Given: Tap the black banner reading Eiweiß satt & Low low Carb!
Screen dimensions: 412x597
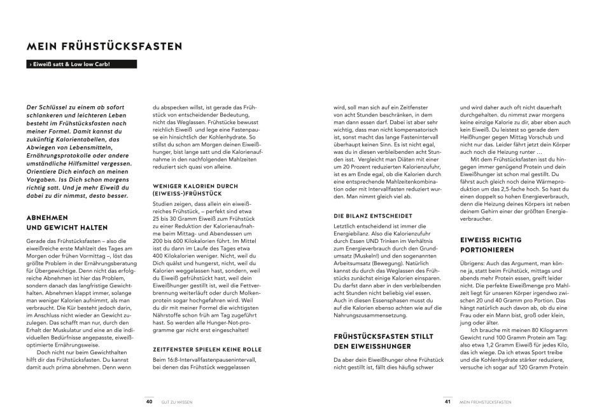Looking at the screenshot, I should click(78, 65).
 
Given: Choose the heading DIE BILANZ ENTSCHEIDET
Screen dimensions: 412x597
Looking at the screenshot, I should click(369, 216).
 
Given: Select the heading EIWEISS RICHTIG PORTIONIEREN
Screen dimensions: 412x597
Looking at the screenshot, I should click(490, 245).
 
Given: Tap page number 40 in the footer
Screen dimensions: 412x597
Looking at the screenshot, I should click(148, 401).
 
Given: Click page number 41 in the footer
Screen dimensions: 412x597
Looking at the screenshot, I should click(447, 401).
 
